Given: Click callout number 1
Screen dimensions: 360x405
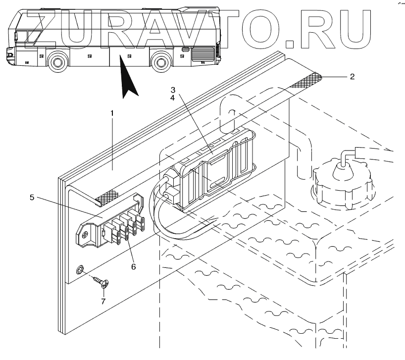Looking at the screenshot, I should (x=112, y=113).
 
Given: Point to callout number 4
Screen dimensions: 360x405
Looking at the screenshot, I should (x=173, y=99).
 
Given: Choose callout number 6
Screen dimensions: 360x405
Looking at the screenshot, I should (x=133, y=266).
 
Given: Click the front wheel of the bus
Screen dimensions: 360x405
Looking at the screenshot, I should (x=58, y=62).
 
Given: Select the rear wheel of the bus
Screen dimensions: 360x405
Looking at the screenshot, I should (x=160, y=63).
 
